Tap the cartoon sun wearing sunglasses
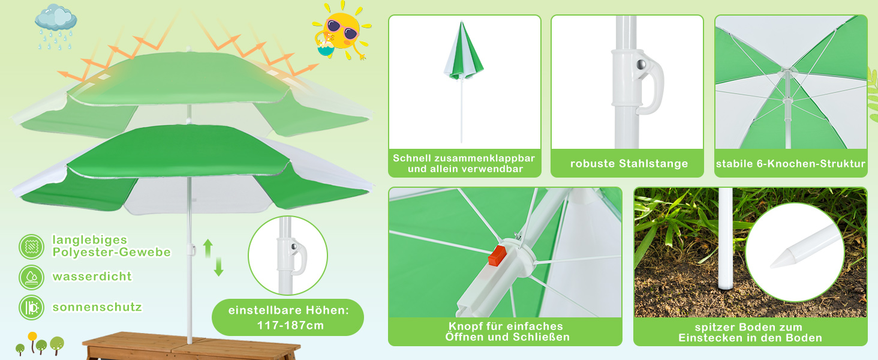[x=342, y=31]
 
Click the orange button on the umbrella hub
[x=497, y=255]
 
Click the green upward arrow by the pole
[x=208, y=248]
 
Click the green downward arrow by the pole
[x=219, y=266]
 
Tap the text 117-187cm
[x=290, y=325]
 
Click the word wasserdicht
[x=92, y=277]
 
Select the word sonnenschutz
[x=97, y=307]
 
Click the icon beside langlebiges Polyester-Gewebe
[x=31, y=247]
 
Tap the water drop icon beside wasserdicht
[x=31, y=277]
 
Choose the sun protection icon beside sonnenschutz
[x=31, y=307]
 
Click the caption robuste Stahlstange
[x=629, y=164]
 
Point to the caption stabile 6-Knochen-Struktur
[x=790, y=164]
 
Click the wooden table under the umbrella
[x=191, y=346]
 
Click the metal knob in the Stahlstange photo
[x=641, y=64]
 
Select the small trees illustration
[x=40, y=344]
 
